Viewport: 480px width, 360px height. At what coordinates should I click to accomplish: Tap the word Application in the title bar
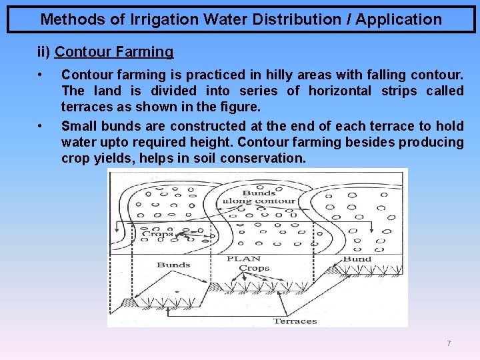coord(398,19)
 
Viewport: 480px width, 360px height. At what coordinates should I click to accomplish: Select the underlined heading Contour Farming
coord(114,51)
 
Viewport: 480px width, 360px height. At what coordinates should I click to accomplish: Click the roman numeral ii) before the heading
coord(44,51)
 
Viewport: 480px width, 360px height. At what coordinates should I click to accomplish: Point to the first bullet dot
coord(41,73)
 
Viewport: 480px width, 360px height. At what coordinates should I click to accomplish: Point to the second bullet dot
coord(41,125)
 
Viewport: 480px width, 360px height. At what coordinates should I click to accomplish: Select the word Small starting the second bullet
coord(79,125)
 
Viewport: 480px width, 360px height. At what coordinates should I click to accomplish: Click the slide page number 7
coord(449,343)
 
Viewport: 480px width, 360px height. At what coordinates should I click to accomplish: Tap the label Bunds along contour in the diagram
coord(259,197)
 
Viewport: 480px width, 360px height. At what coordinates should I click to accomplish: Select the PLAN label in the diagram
coord(243,259)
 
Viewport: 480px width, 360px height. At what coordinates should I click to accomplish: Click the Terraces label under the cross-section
coord(295,321)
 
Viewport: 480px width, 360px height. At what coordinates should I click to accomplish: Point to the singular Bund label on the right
coord(357,259)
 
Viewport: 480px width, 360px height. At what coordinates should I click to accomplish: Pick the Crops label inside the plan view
coord(158,234)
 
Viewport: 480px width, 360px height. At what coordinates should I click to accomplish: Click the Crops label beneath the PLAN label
coord(253,268)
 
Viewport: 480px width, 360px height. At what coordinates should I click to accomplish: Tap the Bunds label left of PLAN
coord(173,265)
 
